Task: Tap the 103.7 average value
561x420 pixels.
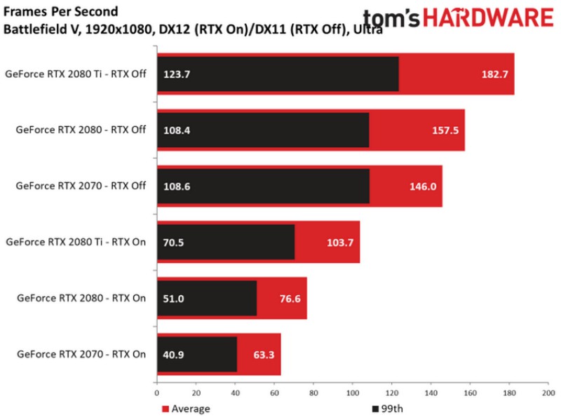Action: [339, 243]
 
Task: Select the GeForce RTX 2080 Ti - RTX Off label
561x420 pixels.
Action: [75, 74]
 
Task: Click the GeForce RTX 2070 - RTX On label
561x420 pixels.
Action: [81, 355]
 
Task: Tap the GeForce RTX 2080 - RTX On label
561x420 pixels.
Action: [81, 299]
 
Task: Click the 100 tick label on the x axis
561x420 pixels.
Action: [352, 393]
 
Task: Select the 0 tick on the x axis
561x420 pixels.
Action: [157, 393]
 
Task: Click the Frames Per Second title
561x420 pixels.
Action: [60, 12]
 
